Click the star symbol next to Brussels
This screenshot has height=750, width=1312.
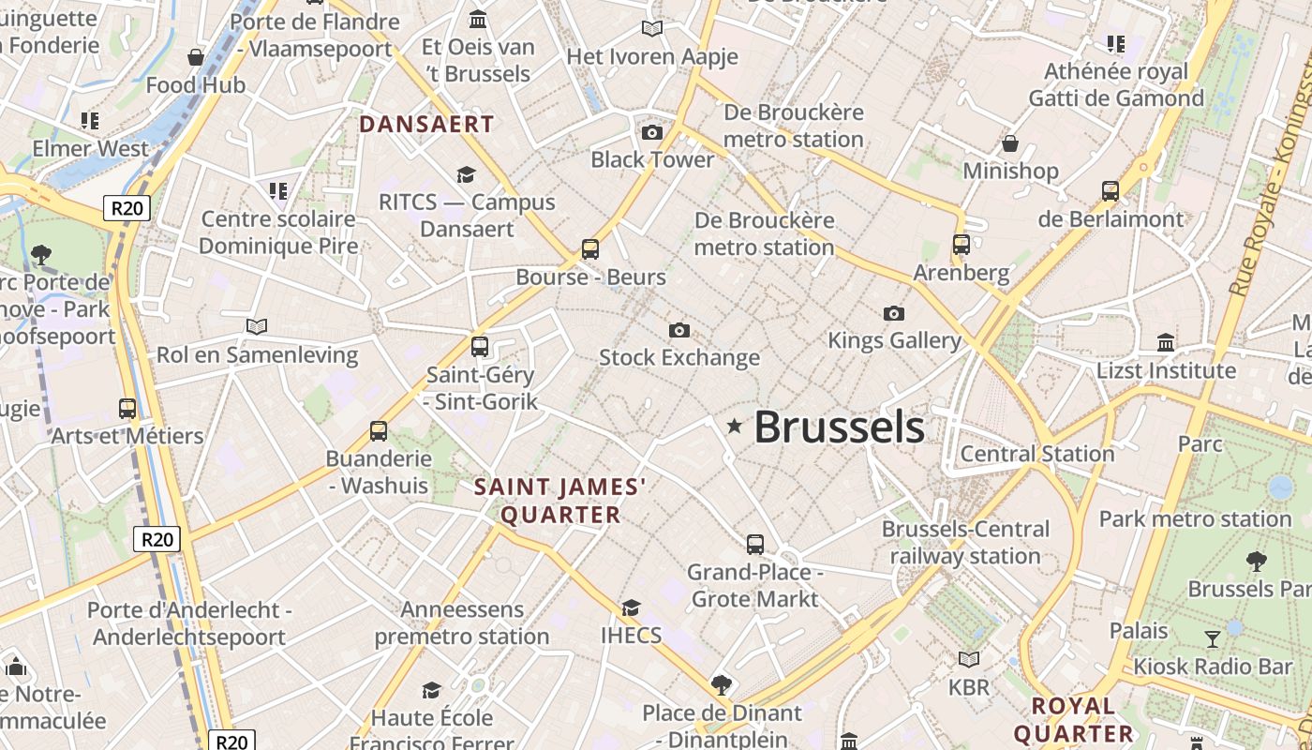(x=735, y=427)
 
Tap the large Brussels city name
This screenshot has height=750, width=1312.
(x=839, y=427)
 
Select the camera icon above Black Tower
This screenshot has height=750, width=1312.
(x=652, y=132)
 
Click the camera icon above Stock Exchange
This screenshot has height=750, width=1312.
(x=679, y=330)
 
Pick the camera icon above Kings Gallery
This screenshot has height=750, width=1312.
(x=894, y=313)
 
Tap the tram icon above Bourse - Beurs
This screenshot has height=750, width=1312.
(x=589, y=249)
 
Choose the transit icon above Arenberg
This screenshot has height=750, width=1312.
(x=961, y=245)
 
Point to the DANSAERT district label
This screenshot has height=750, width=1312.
(x=426, y=124)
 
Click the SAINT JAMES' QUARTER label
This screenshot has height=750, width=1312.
(x=560, y=501)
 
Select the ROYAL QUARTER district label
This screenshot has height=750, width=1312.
(x=1074, y=719)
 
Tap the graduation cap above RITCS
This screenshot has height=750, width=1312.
(x=466, y=174)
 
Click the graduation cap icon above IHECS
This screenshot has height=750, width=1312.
(x=631, y=607)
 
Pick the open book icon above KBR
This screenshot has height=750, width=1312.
(x=968, y=660)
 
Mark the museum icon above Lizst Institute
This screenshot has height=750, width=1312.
(x=1166, y=342)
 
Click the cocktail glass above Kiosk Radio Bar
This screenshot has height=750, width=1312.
(x=1213, y=639)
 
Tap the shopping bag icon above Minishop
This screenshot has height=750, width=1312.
(x=1010, y=143)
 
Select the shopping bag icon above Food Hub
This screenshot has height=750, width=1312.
(x=196, y=57)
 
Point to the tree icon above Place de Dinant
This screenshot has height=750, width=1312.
(x=721, y=684)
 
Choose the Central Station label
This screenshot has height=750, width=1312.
(x=1037, y=454)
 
